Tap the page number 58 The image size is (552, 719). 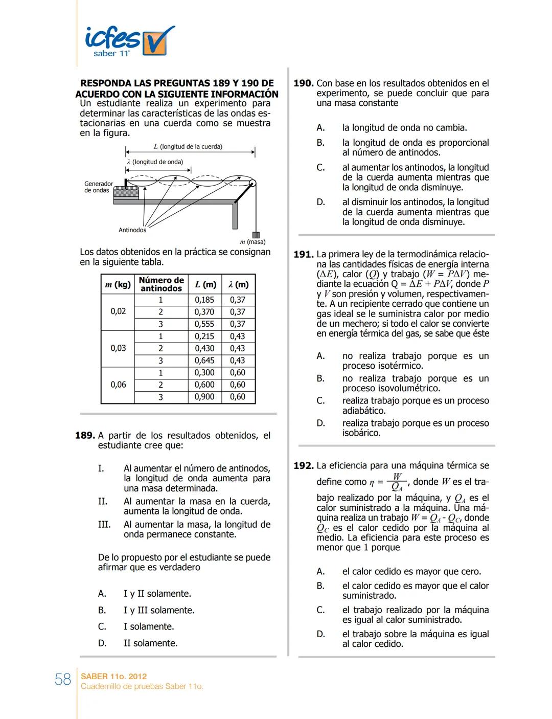[63, 679]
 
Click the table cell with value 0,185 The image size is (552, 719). [204, 300]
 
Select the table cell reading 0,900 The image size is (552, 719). [204, 397]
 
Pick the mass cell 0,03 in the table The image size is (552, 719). [118, 348]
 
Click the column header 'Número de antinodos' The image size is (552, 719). [161, 284]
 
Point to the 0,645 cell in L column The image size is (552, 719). [204, 361]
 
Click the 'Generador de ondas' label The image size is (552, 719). [98, 187]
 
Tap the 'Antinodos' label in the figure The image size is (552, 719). [132, 230]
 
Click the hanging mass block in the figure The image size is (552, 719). [256, 235]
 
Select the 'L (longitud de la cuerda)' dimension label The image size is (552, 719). [188, 147]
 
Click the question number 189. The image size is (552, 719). [85, 436]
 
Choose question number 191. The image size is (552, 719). [303, 254]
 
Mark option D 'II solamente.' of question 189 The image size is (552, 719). [150, 643]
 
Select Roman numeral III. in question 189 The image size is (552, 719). [104, 525]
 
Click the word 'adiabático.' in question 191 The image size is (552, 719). [364, 411]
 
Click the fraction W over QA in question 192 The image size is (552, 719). [397, 482]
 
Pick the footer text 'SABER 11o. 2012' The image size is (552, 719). [113, 676]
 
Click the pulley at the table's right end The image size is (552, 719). [252, 184]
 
